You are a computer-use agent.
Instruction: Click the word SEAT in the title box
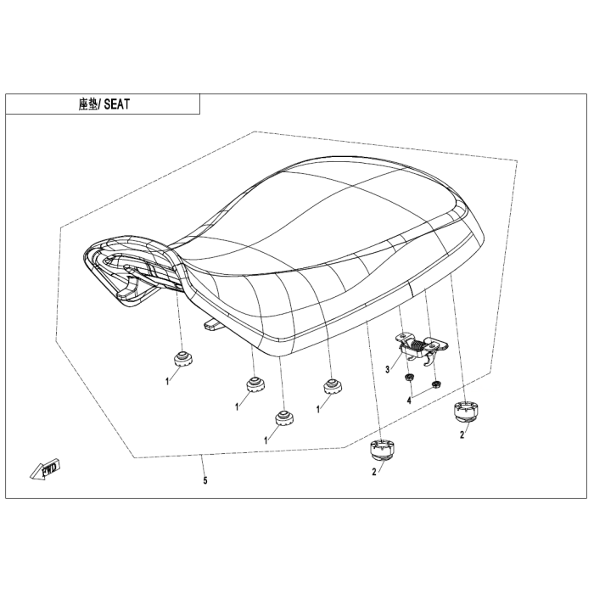pyautogui.click(x=117, y=104)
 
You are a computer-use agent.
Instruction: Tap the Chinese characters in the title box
pyautogui.click(x=88, y=104)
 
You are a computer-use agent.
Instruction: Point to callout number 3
pyautogui.click(x=387, y=369)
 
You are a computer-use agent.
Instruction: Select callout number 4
pyautogui.click(x=409, y=400)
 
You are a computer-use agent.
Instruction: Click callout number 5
pyautogui.click(x=205, y=481)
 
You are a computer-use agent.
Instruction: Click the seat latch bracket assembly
pyautogui.click(x=421, y=349)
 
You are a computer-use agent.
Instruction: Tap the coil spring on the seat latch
pyautogui.click(x=417, y=345)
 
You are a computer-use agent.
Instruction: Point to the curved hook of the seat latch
pyautogui.click(x=428, y=361)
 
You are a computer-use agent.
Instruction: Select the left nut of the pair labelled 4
pyautogui.click(x=409, y=377)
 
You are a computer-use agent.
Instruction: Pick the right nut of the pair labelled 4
pyautogui.click(x=436, y=385)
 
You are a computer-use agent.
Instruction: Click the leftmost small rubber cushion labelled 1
pyautogui.click(x=182, y=358)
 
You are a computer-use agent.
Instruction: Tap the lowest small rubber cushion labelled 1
pyautogui.click(x=285, y=417)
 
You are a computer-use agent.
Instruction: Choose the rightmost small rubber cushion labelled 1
pyautogui.click(x=333, y=386)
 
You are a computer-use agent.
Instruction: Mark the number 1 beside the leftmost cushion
pyautogui.click(x=167, y=382)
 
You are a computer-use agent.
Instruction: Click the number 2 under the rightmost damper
pyautogui.click(x=462, y=435)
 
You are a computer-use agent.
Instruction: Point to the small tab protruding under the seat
pyautogui.click(x=213, y=325)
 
